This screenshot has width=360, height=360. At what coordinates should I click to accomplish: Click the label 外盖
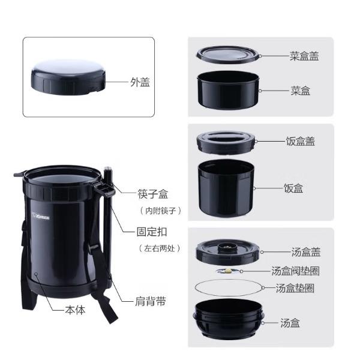[x=140, y=82]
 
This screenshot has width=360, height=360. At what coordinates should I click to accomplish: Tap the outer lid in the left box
[x=68, y=77]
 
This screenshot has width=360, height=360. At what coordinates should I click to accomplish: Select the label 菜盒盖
[x=304, y=56]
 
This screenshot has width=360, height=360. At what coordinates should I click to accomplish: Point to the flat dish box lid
[x=229, y=55]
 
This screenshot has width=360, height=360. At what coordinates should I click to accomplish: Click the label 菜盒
[x=301, y=91]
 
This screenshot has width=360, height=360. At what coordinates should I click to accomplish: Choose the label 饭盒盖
[x=301, y=141]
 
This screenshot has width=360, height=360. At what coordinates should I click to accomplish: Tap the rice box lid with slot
[x=226, y=142]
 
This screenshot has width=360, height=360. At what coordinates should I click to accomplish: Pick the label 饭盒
[x=293, y=188]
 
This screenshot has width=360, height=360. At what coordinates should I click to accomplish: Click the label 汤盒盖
[x=306, y=252]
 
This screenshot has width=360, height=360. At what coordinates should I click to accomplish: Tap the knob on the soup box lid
[x=227, y=247]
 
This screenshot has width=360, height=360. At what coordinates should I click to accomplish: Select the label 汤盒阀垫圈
[x=295, y=271]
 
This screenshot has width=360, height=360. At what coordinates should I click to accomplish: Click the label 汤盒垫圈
[x=295, y=288]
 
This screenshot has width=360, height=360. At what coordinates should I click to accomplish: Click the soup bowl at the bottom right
[x=229, y=319]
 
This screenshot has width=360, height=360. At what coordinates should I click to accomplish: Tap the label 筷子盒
[x=153, y=194]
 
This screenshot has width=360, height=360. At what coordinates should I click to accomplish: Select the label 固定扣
[x=152, y=232]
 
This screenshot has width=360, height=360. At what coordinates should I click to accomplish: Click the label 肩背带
[x=151, y=301]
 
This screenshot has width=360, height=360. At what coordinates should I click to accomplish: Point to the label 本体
[x=75, y=310]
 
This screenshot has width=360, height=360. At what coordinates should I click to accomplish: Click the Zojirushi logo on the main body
[x=41, y=217]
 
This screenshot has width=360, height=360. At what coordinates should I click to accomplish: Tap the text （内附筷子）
[x=161, y=211]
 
